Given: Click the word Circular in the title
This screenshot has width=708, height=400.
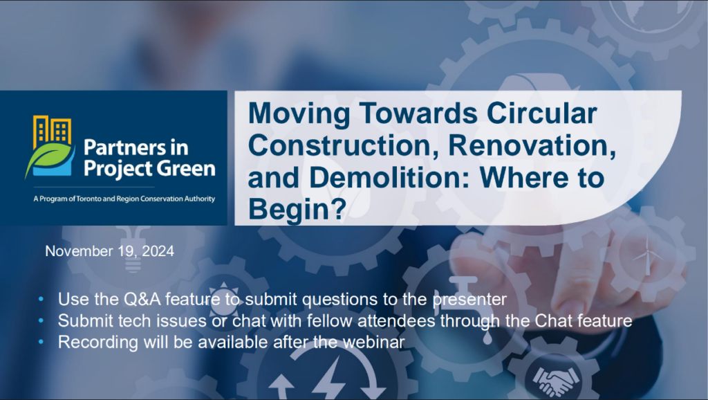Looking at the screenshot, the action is click(x=541, y=113).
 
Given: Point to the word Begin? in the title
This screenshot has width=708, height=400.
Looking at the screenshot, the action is click(x=297, y=210).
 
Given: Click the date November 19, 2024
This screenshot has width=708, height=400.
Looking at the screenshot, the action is click(x=110, y=251).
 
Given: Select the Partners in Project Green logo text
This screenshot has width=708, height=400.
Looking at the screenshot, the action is click(x=149, y=158).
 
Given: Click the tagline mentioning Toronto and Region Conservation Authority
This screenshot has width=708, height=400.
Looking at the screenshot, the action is click(x=124, y=199).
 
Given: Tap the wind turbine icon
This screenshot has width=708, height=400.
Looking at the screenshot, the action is click(x=648, y=255).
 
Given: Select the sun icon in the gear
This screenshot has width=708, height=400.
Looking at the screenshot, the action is click(x=223, y=298).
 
